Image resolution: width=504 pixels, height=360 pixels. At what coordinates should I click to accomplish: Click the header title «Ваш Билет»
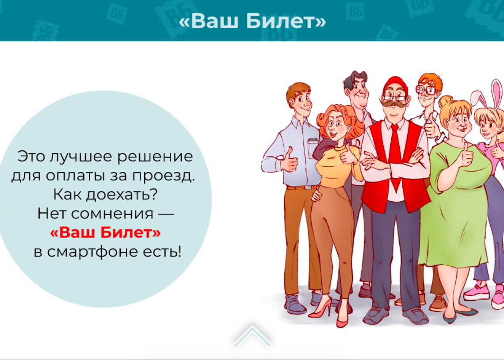tap(252, 21)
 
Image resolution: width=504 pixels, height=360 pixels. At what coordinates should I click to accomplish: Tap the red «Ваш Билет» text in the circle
tap(105, 232)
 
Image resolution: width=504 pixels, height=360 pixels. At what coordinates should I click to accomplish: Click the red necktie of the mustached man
tap(395, 154)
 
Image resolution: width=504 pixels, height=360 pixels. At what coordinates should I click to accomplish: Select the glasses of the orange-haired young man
tap(426, 90)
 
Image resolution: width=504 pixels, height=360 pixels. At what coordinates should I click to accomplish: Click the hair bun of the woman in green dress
tap(445, 102)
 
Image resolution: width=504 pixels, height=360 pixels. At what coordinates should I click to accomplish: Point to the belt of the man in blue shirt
tap(302, 187)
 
